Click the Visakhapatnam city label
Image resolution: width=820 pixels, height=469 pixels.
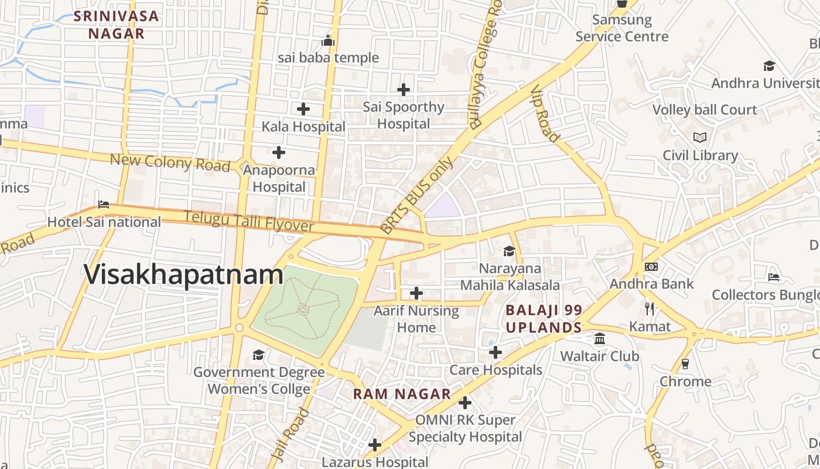pos(184,275)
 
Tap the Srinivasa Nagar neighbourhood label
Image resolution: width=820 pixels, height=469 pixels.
pos(117,25)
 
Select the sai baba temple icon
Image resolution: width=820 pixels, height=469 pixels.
pos(328,40)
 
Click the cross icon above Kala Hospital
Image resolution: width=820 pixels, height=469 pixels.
pos(303,109)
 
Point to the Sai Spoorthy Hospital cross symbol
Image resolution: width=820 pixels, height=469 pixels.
pos(403,90)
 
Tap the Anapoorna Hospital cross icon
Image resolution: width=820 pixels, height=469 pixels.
pos(279,152)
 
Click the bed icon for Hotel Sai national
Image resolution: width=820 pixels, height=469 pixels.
pos(104,205)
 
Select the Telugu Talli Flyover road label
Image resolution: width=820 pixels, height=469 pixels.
pos(249,221)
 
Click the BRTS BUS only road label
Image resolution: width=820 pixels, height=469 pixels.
pos(416,195)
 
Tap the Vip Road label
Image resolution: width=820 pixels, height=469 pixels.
pos(545,114)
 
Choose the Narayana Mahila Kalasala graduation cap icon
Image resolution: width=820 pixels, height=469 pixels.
pos(508,251)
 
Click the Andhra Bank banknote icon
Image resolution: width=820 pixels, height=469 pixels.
pos(651,267)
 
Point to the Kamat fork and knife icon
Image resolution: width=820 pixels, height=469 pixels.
pos(649,308)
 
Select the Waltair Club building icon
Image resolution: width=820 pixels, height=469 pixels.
pos(599,339)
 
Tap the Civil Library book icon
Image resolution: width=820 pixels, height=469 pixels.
pos(699,138)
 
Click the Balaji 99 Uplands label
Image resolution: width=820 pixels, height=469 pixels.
pos(544,318)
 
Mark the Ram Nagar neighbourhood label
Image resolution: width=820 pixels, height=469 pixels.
pos(402,394)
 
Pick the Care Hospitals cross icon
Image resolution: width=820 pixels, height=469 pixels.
pos(496,352)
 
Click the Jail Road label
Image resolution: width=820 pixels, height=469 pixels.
pos(291,434)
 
